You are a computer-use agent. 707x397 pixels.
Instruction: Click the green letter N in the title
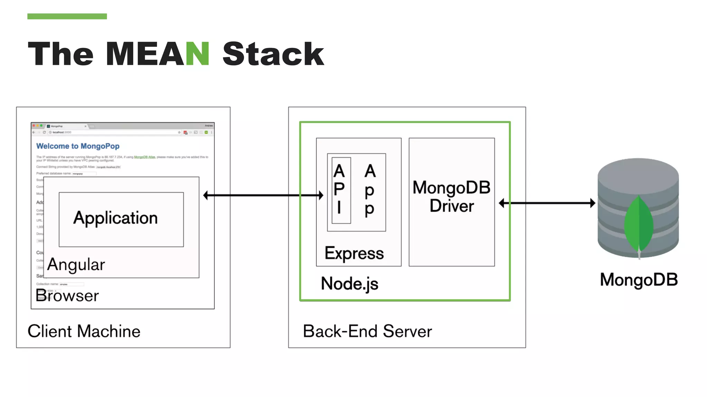click(x=197, y=54)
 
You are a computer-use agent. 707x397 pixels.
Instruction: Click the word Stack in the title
click(x=273, y=54)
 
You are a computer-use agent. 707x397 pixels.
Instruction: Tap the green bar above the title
click(x=67, y=16)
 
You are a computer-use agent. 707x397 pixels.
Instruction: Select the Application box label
click(x=115, y=218)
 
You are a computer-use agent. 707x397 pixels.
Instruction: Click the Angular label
click(x=76, y=265)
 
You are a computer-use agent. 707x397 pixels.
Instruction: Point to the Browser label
click(x=67, y=296)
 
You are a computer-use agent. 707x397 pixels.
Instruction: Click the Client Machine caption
click(x=84, y=331)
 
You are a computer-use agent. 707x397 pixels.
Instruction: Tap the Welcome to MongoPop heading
click(x=78, y=146)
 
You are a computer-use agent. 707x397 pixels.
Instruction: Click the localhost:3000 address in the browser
click(x=62, y=132)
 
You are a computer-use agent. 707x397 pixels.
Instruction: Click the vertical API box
click(x=340, y=190)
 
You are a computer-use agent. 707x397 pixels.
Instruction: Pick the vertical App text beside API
click(x=370, y=190)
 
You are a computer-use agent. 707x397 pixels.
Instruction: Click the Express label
click(x=354, y=253)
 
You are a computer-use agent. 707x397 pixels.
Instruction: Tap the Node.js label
click(x=349, y=284)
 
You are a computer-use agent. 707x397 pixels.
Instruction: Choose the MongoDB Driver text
click(x=452, y=197)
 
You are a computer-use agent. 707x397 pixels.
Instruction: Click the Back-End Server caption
click(x=367, y=331)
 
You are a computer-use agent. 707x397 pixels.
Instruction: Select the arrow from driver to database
click(x=547, y=203)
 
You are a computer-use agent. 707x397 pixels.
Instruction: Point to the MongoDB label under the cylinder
click(x=639, y=279)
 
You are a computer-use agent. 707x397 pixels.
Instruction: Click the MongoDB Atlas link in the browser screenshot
click(x=144, y=157)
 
